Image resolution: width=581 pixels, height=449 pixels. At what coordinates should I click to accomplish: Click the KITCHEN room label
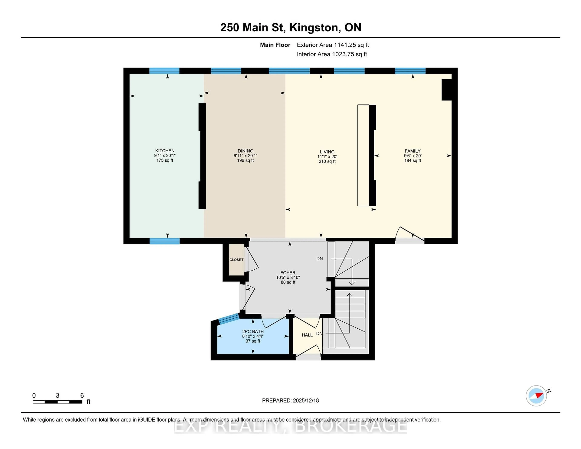coord(165,151)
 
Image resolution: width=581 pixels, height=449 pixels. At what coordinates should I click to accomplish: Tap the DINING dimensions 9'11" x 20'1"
coord(245,156)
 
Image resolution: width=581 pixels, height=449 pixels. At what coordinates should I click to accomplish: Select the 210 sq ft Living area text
coord(327,161)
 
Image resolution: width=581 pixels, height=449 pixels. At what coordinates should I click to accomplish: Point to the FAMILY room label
coord(412,151)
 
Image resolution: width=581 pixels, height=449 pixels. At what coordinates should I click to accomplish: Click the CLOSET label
coord(236,260)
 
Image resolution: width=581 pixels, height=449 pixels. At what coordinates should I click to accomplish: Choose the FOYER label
coord(288,273)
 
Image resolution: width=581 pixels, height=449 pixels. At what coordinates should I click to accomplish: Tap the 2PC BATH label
coord(253,331)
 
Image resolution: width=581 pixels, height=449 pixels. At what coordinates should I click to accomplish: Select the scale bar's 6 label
coord(82,396)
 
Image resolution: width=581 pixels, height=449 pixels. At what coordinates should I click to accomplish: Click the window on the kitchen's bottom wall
coord(165,241)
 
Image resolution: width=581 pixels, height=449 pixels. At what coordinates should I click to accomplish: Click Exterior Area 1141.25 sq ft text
coord(333,45)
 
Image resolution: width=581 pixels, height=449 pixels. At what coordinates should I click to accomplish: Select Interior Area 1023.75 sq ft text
coord(332,54)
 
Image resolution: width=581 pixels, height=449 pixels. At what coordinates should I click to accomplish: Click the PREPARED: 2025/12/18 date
coord(290,401)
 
